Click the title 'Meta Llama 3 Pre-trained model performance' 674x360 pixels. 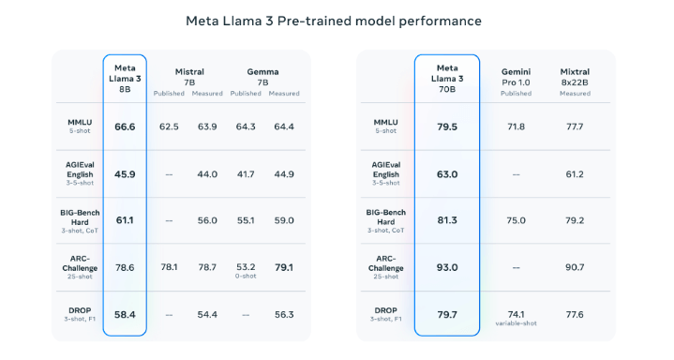pyautogui.click(x=334, y=20)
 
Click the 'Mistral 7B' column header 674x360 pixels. pyautogui.click(x=189, y=76)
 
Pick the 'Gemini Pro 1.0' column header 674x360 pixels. pyautogui.click(x=516, y=77)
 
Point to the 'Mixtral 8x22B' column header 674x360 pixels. pyautogui.click(x=575, y=76)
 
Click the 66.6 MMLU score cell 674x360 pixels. pyautogui.click(x=125, y=127)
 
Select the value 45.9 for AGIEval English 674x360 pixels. pyautogui.click(x=125, y=173)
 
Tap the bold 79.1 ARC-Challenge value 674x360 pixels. pyautogui.click(x=284, y=267)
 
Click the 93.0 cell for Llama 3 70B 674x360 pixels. pyautogui.click(x=446, y=267)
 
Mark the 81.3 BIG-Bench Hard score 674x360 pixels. pyautogui.click(x=446, y=220)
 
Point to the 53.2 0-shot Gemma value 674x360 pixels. pyautogui.click(x=246, y=267)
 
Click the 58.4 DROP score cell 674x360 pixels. pyautogui.click(x=125, y=314)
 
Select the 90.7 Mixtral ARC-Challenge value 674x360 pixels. pyautogui.click(x=575, y=267)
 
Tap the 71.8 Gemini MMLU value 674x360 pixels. pyautogui.click(x=516, y=127)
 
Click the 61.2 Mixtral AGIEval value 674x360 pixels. pyautogui.click(x=575, y=173)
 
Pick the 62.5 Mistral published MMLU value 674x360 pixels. pyautogui.click(x=169, y=127)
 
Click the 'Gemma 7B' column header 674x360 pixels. pyautogui.click(x=263, y=76)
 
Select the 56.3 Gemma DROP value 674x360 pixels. pyautogui.click(x=284, y=314)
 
